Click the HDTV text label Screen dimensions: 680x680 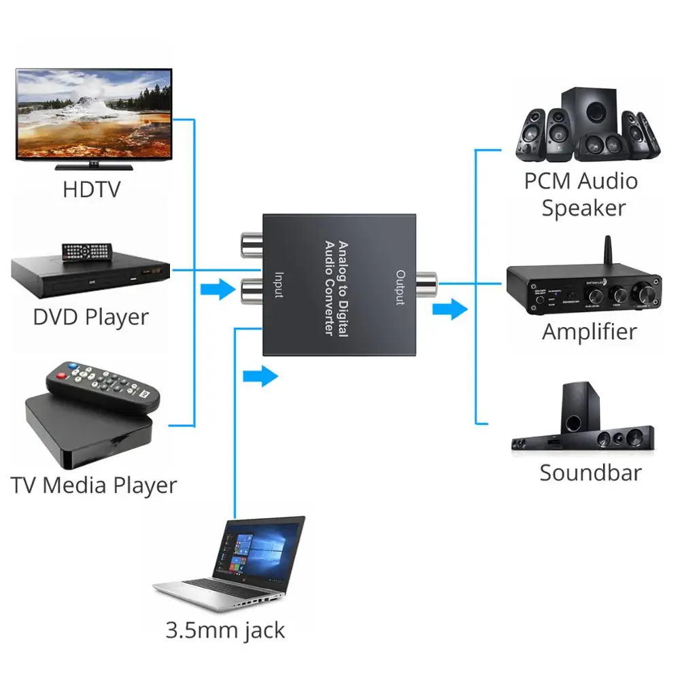(92, 188)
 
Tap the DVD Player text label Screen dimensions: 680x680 (90, 317)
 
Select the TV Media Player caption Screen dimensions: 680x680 (93, 486)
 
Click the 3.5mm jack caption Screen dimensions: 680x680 (225, 630)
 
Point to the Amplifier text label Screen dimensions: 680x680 (589, 332)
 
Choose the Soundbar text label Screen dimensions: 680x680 (590, 473)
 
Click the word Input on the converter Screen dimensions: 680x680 (279, 285)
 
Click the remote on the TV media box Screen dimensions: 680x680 (102, 387)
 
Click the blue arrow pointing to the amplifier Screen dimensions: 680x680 (449, 311)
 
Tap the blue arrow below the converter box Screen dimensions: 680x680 (260, 375)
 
